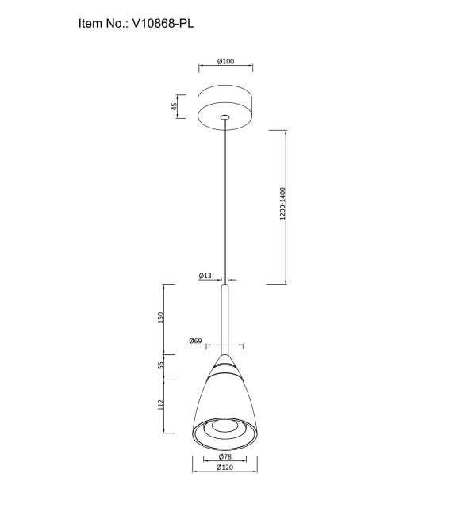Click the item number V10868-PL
click(163, 23)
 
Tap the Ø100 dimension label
click(226, 61)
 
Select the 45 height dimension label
click(174, 106)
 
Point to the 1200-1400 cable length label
click(282, 204)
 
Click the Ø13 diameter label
click(205, 276)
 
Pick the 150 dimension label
click(161, 318)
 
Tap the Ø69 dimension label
click(195, 341)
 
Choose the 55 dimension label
click(161, 365)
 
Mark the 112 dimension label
click(161, 405)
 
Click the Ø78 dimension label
click(225, 456)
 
